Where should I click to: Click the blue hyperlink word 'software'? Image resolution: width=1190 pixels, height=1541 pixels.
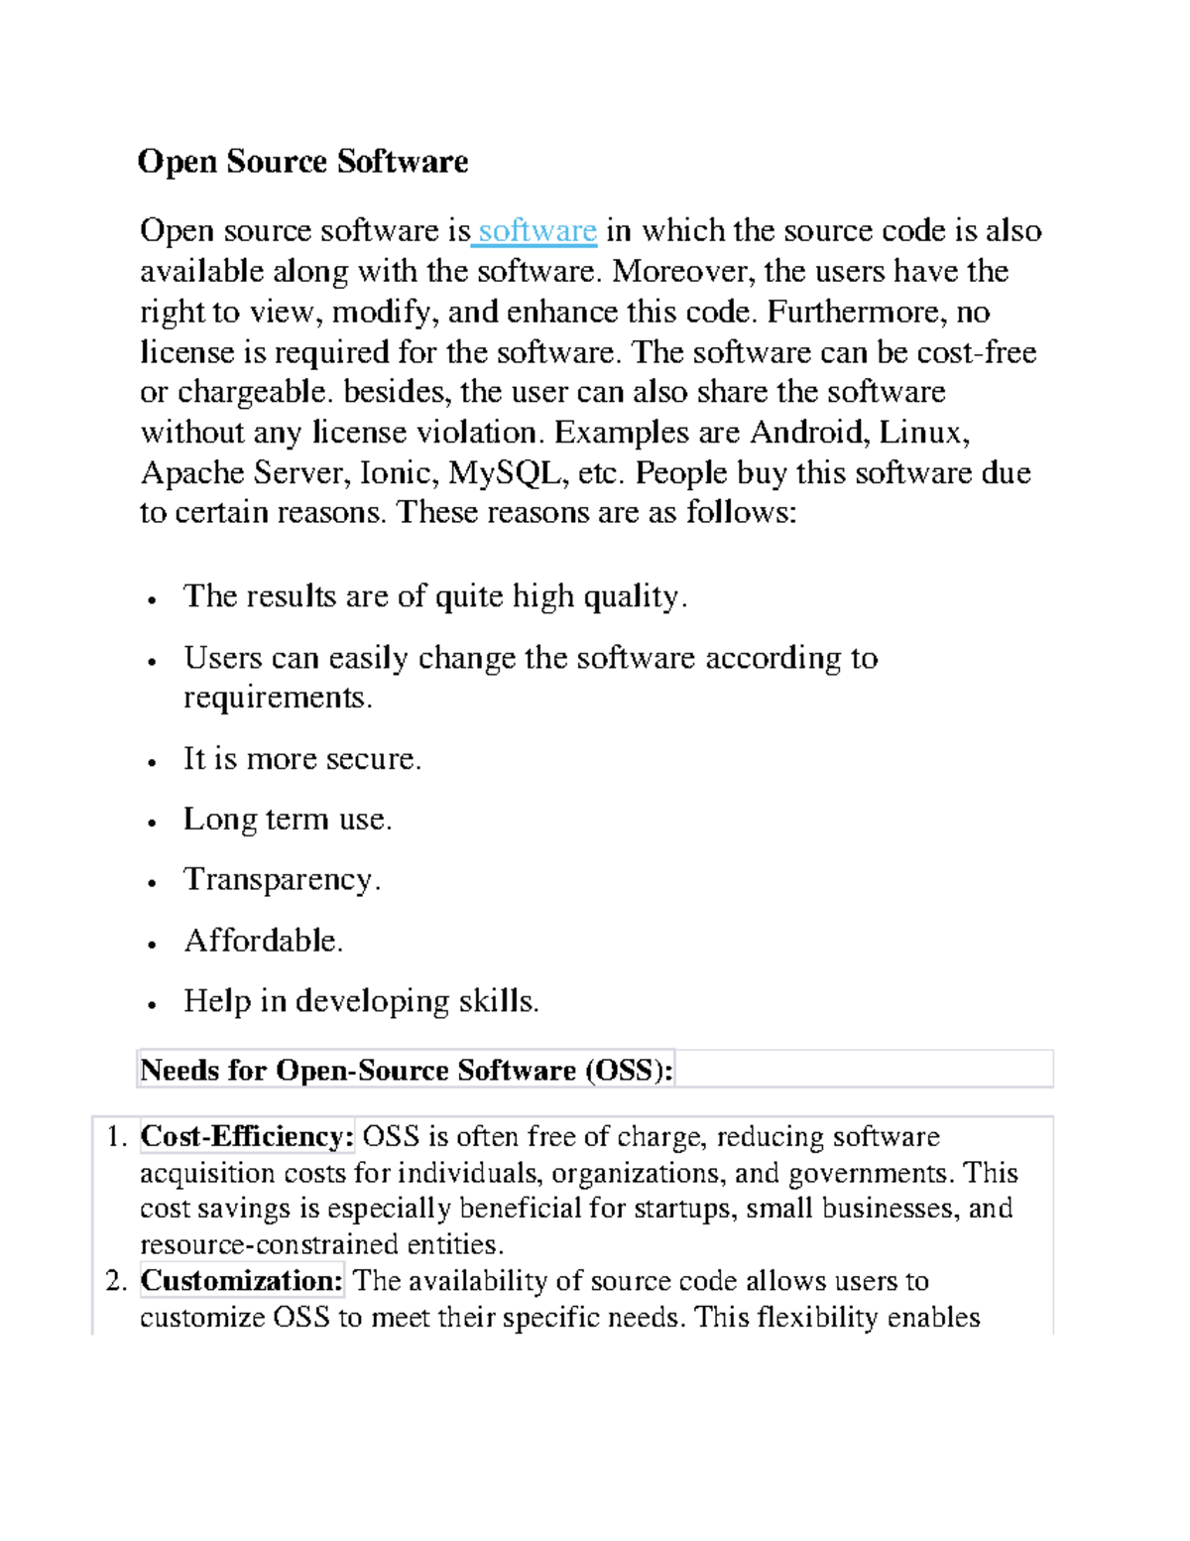pos(537,231)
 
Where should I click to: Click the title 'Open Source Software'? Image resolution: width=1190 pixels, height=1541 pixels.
pos(302,162)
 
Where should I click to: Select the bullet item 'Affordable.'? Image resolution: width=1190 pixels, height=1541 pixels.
pos(264,941)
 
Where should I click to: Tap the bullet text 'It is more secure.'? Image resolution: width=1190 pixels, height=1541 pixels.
pos(302,759)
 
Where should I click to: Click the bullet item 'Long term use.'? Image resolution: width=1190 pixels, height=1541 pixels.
pos(288,820)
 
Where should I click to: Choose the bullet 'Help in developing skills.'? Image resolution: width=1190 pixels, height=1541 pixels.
pos(361,1001)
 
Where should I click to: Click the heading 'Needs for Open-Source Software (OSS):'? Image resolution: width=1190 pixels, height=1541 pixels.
pos(407,1071)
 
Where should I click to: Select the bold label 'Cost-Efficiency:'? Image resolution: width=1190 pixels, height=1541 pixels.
pos(247,1137)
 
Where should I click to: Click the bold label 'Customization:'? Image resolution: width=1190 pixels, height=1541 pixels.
pos(242,1281)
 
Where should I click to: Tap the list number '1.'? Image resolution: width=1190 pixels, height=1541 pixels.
pos(116,1137)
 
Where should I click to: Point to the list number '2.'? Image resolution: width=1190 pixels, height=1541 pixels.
pos(116,1281)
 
